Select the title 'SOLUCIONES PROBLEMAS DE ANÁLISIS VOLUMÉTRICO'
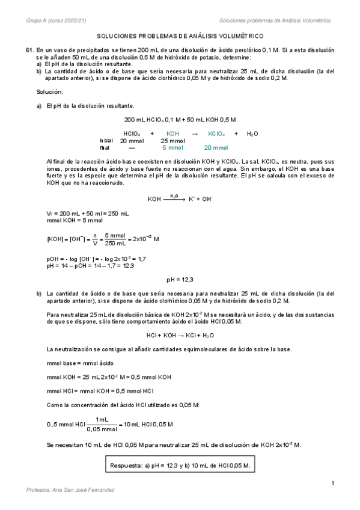[x=180, y=37]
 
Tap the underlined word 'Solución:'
[x=50, y=91]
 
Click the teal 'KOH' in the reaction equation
[x=172, y=134]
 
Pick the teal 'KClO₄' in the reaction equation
[x=216, y=134]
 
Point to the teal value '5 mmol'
[x=172, y=147]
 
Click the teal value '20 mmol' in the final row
[x=216, y=147]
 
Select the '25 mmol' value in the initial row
[x=172, y=141]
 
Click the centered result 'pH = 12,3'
[x=180, y=279]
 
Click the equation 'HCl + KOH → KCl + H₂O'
[x=180, y=335]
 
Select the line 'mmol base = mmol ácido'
[x=79, y=363]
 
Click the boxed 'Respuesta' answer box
[x=180, y=465]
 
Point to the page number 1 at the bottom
[x=332, y=483]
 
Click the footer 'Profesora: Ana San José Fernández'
[x=71, y=490]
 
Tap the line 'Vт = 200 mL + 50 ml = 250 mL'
[x=87, y=214]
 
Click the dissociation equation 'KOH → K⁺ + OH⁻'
[x=180, y=198]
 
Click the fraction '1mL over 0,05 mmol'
[x=102, y=424]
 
